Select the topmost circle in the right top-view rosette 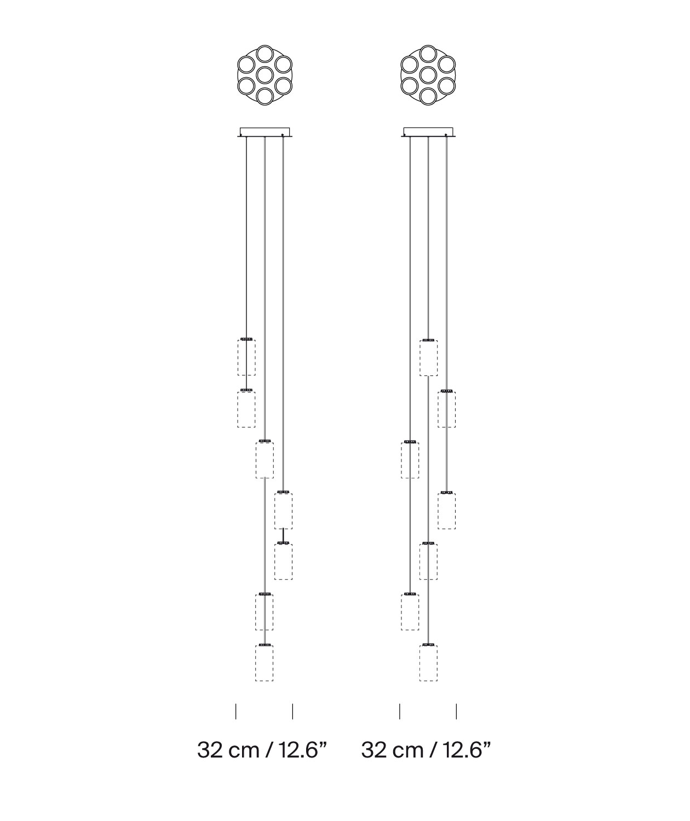tap(428, 54)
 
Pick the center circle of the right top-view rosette tap(428, 75)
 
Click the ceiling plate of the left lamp tap(264, 132)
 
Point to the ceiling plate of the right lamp tap(428, 132)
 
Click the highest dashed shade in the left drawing tap(246, 357)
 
